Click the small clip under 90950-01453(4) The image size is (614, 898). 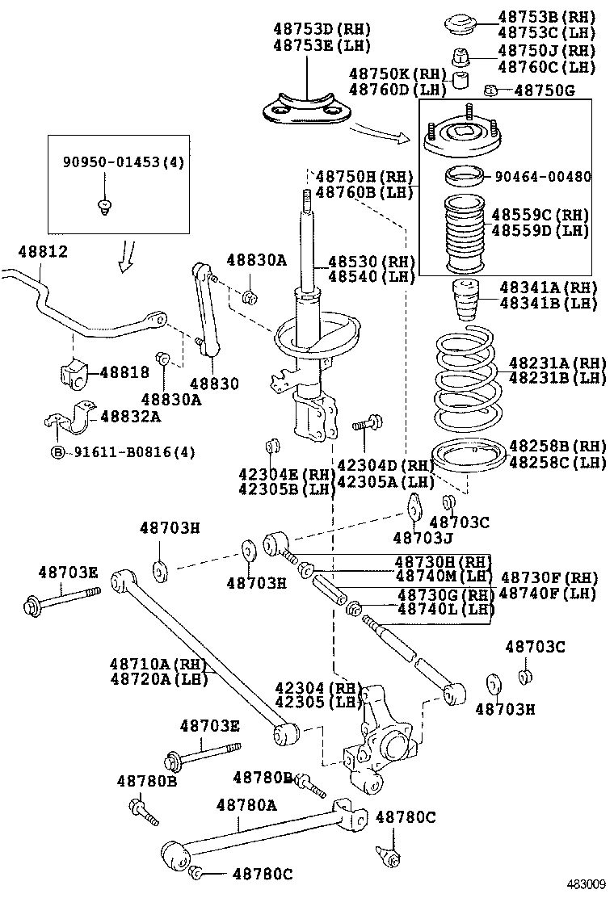(103, 205)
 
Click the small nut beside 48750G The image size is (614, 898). (490, 90)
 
